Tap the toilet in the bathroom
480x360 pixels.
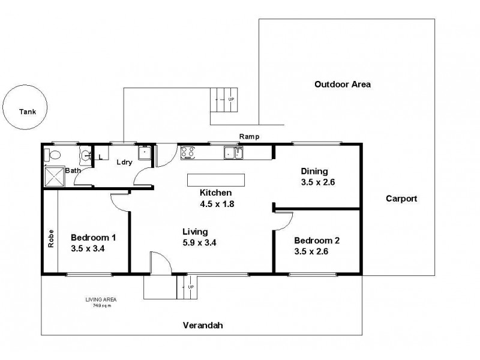point(53,155)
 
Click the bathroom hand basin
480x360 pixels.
point(86,155)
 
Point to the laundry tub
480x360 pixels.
point(145,153)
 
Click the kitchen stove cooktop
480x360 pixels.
point(187,152)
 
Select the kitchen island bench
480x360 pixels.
point(216,181)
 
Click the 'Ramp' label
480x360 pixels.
point(248,137)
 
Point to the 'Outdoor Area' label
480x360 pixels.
point(342,85)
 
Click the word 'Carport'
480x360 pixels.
point(401,199)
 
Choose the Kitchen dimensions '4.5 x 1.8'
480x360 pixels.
point(216,203)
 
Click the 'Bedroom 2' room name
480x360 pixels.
point(316,241)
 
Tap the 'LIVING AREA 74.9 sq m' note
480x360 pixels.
point(100,302)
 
